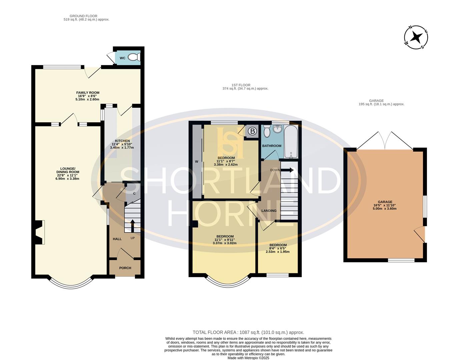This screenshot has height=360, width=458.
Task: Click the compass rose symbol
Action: pos(416,37)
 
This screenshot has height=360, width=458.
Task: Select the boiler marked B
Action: pos(252,131)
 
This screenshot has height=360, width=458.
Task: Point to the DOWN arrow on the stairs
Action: pos(287,170)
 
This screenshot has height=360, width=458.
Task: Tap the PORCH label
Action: pos(125,268)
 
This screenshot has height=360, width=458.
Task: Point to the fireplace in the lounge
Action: pos(39,232)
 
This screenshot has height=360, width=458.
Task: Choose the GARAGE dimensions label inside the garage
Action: pos(385,205)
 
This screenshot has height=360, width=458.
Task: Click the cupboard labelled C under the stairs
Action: pos(134,193)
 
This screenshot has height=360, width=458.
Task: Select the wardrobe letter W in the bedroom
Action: pos(197,162)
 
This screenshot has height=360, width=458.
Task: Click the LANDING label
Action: pos(269,211)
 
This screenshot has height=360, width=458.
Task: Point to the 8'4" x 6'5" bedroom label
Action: pos(278,248)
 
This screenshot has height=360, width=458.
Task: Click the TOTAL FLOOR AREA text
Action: pos(248,332)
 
